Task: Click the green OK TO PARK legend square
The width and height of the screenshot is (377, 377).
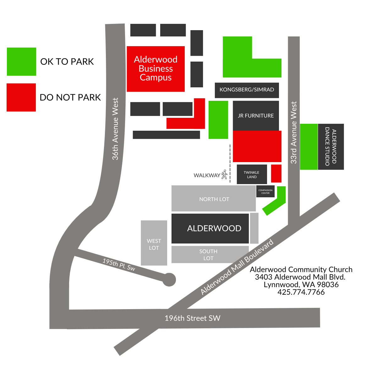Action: [x=21, y=62]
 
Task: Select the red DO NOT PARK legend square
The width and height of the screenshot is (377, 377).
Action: [x=21, y=97]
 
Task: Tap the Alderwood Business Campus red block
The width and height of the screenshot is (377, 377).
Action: [x=156, y=69]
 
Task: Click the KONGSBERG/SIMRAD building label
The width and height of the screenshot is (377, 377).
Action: [x=247, y=90]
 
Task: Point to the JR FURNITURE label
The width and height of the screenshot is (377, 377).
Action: [x=255, y=116]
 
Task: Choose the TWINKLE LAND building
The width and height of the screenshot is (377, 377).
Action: [x=252, y=174]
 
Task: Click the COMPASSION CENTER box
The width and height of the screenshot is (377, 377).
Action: [x=265, y=191]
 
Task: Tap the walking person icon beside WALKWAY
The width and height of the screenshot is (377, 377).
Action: [x=224, y=174]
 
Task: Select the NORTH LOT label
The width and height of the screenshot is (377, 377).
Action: [x=214, y=199]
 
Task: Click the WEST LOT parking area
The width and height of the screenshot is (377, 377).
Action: [x=154, y=243]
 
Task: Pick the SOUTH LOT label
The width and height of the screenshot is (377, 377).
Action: [x=208, y=255]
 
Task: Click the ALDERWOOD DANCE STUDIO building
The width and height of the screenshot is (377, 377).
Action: [x=331, y=146]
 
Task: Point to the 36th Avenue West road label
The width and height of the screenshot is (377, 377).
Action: [x=115, y=129]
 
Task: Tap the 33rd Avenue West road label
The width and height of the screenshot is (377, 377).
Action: [x=293, y=133]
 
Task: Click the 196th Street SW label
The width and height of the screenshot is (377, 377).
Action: [x=192, y=318]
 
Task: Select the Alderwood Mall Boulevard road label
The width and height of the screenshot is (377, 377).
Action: [x=237, y=267]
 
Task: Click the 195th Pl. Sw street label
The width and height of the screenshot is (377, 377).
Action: [x=119, y=265]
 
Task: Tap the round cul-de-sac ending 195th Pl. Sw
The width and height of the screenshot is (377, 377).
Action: [x=169, y=280]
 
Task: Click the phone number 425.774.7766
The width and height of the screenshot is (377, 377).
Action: [x=301, y=292]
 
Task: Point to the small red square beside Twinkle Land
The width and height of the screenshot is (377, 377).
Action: [x=276, y=173]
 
